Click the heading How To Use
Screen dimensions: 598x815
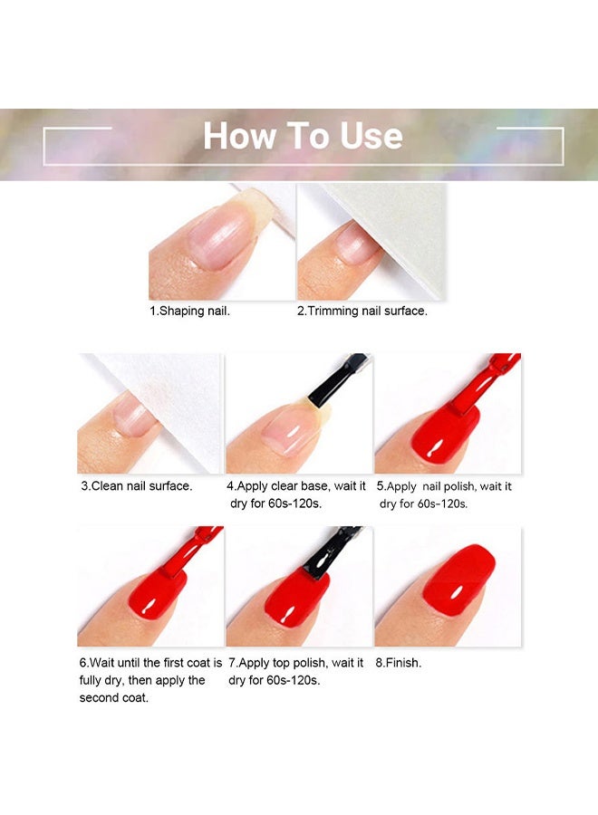point(303,136)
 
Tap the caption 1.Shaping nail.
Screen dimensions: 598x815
point(189,311)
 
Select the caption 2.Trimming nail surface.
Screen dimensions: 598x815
point(362,311)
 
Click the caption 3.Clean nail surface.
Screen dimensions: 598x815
point(137,486)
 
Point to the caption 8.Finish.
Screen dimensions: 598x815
point(399,663)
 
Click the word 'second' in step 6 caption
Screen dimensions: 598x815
point(97,697)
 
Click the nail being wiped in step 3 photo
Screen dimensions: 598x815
point(130,416)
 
